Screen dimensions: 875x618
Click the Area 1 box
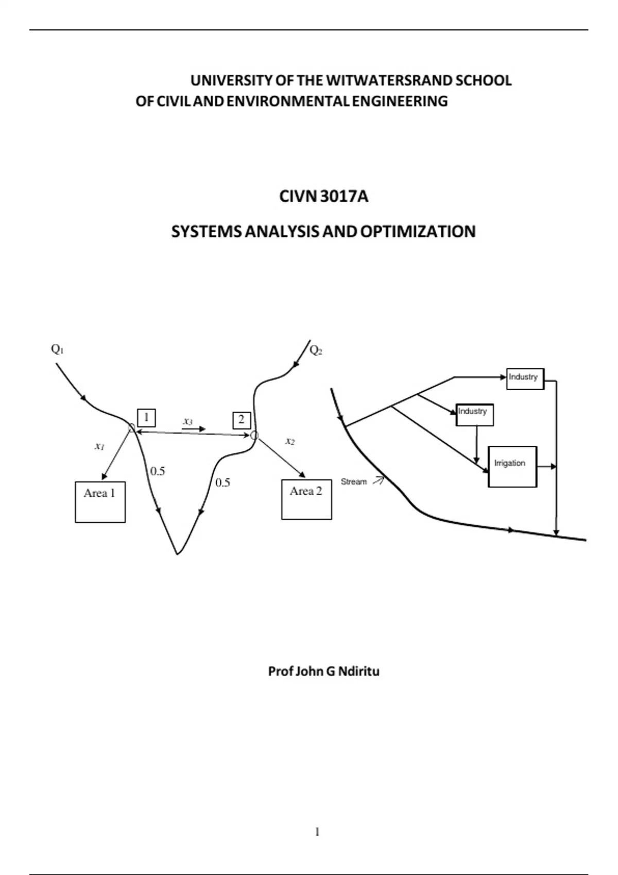100,502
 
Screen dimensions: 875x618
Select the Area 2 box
306,499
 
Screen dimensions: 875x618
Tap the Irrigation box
512,466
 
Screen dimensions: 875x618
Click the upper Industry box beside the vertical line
525,378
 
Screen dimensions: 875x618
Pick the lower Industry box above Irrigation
474,414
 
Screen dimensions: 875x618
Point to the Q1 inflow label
57,349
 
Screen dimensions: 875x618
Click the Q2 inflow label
316,351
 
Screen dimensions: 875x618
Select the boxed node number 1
147,417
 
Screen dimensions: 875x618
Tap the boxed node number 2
242,420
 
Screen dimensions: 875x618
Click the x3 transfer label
188,422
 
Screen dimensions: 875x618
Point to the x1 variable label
99,446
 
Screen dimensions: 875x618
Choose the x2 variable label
290,441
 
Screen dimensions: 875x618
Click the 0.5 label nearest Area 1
158,471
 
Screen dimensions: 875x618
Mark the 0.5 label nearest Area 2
222,483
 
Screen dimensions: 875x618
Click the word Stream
354,482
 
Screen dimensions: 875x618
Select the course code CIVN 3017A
323,197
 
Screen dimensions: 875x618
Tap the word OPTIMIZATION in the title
418,232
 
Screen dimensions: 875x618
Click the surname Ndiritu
358,671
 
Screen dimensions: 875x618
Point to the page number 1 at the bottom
317,832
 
